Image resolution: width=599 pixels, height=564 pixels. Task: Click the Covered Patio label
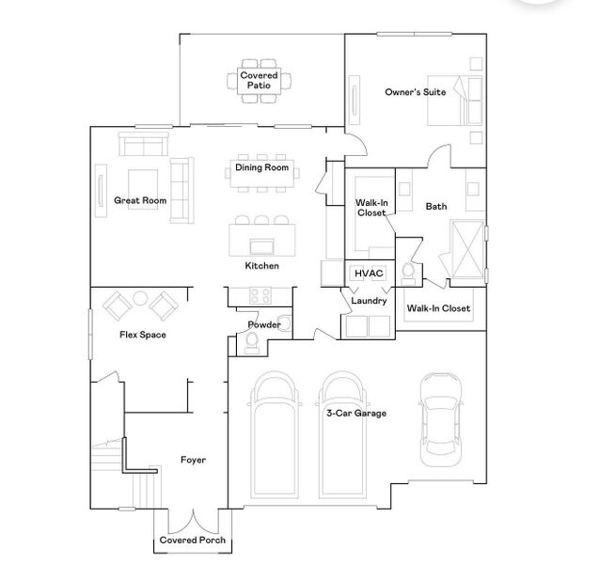[x=259, y=80]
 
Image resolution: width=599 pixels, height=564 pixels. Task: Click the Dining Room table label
[x=261, y=169]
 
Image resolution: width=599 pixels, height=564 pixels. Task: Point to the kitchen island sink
[x=262, y=246]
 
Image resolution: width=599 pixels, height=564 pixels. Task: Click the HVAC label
[x=367, y=273]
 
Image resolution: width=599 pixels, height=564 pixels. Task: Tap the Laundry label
[x=369, y=301]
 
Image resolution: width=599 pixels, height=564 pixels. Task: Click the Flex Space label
[x=143, y=335]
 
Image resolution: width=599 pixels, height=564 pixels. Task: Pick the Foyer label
[x=193, y=460]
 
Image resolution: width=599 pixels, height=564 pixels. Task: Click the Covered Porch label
[x=193, y=540]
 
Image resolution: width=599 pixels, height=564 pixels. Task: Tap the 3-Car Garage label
[x=356, y=413]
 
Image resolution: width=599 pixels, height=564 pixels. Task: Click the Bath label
[x=436, y=206]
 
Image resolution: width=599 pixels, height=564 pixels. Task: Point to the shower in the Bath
[x=466, y=249]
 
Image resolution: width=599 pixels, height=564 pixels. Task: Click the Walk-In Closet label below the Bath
[x=437, y=308]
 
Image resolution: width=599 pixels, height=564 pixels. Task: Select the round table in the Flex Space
[x=141, y=300]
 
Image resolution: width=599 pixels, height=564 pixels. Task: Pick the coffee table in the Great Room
[x=142, y=183]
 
